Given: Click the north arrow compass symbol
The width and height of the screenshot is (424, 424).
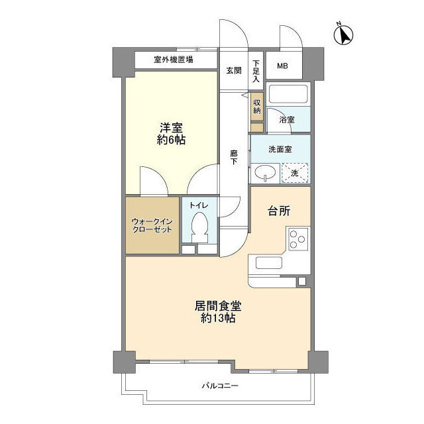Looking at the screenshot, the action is click(344, 34).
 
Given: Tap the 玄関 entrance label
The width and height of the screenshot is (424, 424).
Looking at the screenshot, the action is click(234, 71).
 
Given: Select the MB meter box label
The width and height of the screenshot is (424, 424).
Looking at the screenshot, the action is click(282, 66).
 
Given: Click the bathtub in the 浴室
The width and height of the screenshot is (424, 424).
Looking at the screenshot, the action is click(288, 94).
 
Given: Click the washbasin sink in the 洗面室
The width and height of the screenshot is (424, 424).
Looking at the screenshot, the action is click(265, 173).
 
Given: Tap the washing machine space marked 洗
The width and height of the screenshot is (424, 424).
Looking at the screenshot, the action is click(295, 173).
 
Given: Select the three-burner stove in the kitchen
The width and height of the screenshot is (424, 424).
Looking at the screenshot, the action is click(298, 239).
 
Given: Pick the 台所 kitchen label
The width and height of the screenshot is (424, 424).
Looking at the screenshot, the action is click(279, 211).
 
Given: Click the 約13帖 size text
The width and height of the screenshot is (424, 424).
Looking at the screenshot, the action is click(218, 318).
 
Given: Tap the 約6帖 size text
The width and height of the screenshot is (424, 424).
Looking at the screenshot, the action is click(171, 140).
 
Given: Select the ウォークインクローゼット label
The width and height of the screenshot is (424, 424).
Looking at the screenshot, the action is click(152, 225).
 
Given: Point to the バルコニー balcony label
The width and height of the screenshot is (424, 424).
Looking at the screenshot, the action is click(220, 386).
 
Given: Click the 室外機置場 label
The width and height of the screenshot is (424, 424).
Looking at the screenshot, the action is click(174, 60).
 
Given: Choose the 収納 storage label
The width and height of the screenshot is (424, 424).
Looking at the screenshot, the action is click(256, 107).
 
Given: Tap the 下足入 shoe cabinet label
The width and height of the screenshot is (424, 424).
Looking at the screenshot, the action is click(256, 71).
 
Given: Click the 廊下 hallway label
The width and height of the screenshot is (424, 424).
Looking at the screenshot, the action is click(234, 158).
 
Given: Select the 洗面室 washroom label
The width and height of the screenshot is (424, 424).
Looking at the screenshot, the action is click(280, 149).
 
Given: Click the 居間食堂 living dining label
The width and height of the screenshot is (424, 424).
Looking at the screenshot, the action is click(218, 306).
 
